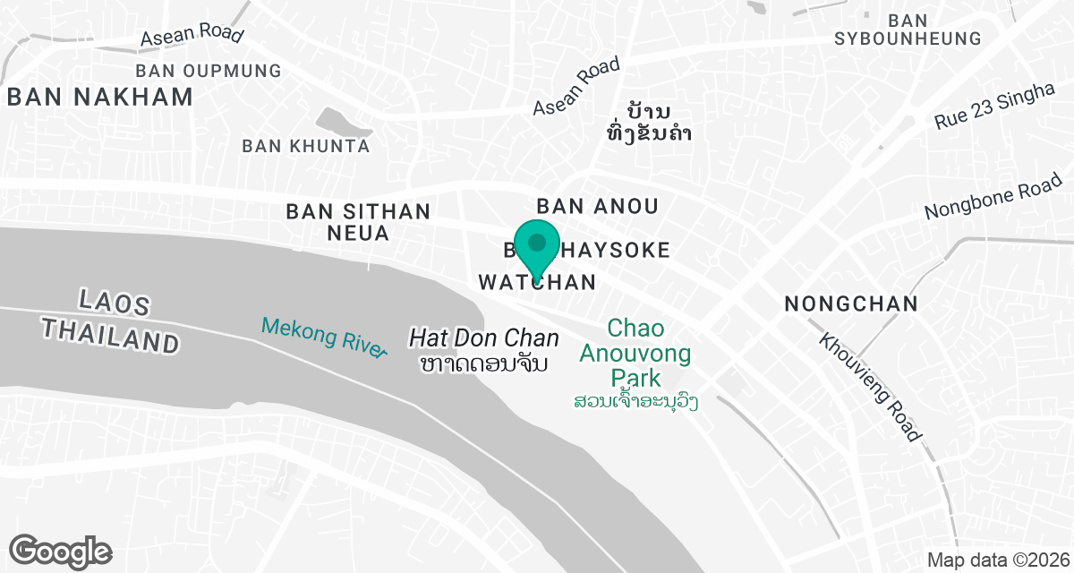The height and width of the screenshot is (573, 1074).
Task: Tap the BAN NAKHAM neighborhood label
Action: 100,98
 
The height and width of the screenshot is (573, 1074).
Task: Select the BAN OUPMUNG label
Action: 208,70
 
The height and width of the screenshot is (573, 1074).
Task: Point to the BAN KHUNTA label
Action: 306,145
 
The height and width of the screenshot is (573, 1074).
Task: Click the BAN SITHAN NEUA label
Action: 358,223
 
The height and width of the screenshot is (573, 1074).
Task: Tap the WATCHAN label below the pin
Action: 537,282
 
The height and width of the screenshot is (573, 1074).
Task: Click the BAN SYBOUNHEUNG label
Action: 908,30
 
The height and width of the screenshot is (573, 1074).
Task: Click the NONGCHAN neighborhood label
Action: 850,304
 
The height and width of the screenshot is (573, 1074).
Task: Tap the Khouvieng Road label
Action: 870,388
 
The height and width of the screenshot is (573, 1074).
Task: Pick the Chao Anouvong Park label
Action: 635,352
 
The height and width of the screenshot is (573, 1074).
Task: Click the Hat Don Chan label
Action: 484,338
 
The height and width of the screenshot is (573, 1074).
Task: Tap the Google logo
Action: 60,551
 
